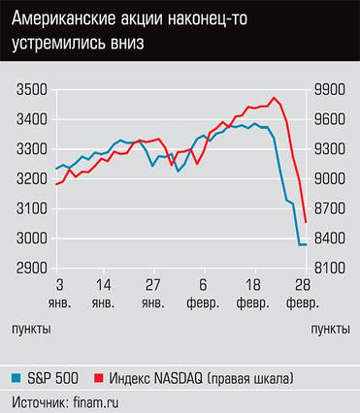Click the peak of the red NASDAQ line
275,97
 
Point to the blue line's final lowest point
303,244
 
